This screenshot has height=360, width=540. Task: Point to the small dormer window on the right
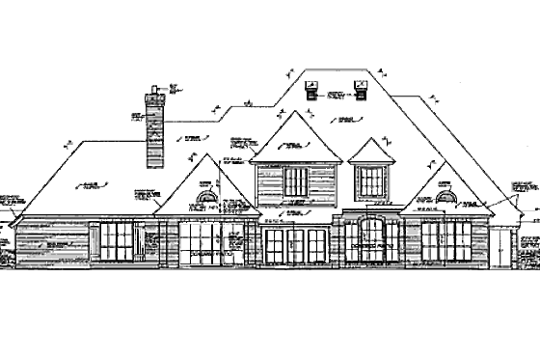click(368, 180)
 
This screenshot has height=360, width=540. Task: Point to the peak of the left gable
click(205, 157)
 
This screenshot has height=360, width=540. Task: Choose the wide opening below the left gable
click(201, 242)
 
